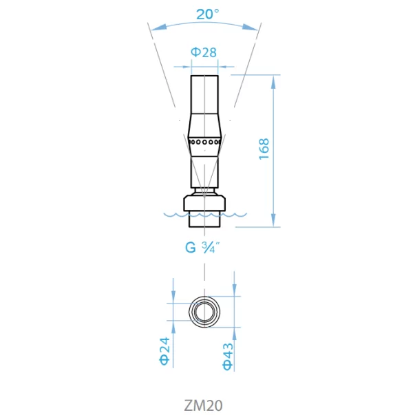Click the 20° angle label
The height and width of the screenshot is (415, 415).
coord(208,14)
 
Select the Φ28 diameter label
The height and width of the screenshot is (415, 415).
coord(204,52)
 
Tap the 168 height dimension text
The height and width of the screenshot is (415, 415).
coord(264,149)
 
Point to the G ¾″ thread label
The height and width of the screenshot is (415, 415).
coord(202,248)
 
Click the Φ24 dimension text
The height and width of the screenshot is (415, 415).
coord(164,351)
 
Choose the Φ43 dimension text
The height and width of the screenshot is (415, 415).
coord(228,357)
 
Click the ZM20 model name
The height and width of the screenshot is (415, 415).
coord(203,405)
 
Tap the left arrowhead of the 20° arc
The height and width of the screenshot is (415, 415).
coord(159,28)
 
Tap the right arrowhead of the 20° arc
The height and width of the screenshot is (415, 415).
coord(250,28)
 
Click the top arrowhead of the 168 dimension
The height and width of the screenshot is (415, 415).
coord(273,82)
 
